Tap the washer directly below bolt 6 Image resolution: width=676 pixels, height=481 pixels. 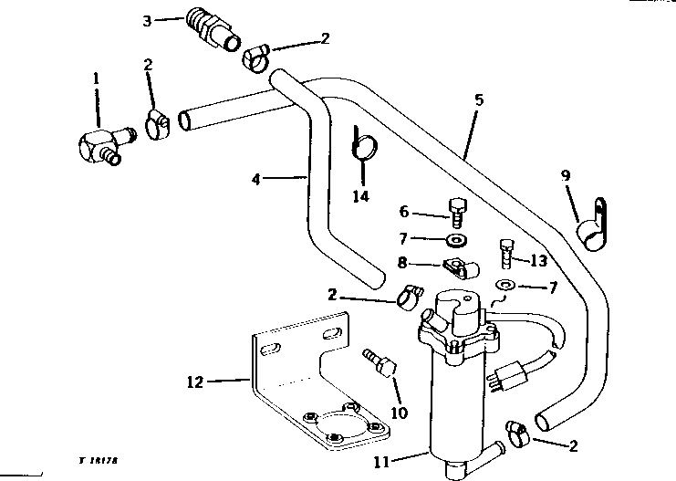click(x=454, y=239)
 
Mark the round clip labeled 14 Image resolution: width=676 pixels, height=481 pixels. click(x=365, y=143)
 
